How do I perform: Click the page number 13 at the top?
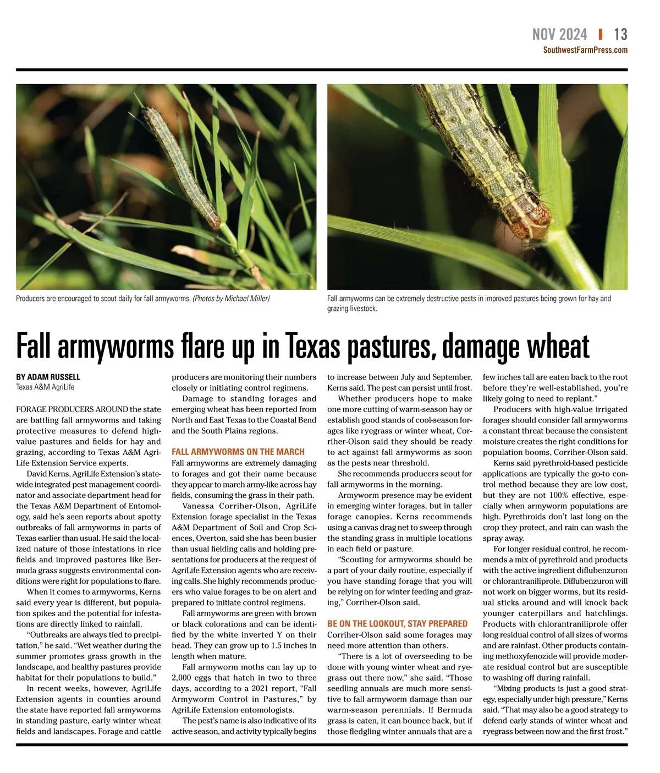click(x=620, y=35)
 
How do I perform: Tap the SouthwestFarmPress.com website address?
click(x=585, y=50)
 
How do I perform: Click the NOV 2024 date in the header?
click(x=559, y=35)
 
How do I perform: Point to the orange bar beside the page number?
click(x=600, y=34)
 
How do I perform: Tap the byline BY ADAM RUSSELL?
click(x=48, y=377)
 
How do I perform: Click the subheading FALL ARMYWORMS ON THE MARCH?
click(x=238, y=452)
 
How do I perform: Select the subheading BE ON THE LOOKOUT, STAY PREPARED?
click(x=397, y=623)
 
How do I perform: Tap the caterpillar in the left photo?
click(x=182, y=165)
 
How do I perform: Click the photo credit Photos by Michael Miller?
click(x=231, y=299)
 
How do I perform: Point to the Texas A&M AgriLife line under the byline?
click(x=45, y=387)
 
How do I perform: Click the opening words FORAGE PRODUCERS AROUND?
click(x=71, y=409)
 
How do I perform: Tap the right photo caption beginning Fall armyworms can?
click(x=469, y=303)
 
